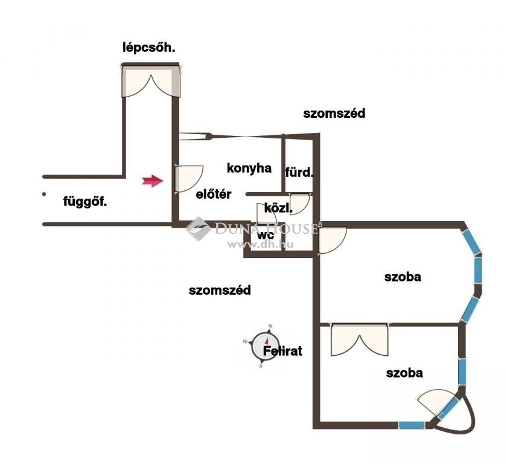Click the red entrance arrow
click(x=153, y=181)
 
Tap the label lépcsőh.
click(x=148, y=48)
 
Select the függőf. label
click(x=84, y=202)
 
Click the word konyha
click(x=249, y=168)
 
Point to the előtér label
click(x=214, y=194)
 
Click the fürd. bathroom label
click(x=299, y=172)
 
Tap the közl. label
click(x=278, y=208)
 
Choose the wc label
click(x=266, y=235)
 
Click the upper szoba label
click(x=403, y=277)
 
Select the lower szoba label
click(x=404, y=373)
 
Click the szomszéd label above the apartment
click(x=334, y=114)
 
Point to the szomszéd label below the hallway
click(x=220, y=290)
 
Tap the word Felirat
click(x=282, y=351)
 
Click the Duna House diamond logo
click(x=198, y=229)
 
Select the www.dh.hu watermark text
click(x=260, y=244)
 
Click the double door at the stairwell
click(x=151, y=82)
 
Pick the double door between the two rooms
click(x=359, y=340)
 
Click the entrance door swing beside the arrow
click(x=189, y=179)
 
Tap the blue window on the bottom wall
click(x=411, y=425)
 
